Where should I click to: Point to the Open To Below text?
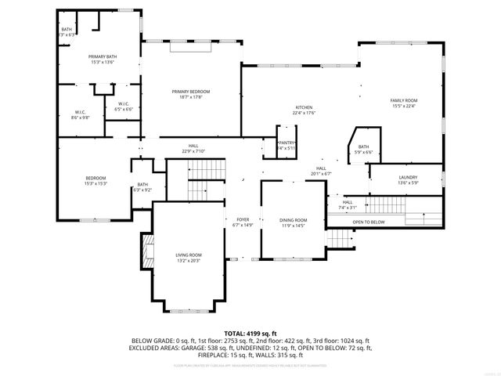(368, 222)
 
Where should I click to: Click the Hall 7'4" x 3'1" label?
(347, 204)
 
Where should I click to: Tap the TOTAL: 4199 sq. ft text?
(250, 334)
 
